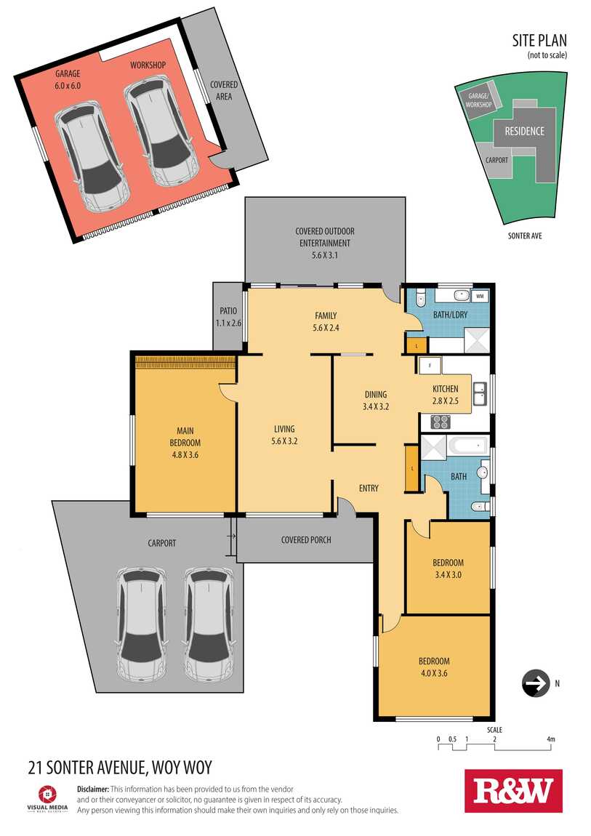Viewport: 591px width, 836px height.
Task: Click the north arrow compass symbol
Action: point(536,683)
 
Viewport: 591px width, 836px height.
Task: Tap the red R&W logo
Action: point(513,790)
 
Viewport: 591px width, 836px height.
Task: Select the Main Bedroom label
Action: point(185,443)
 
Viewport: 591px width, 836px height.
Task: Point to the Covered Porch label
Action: point(306,539)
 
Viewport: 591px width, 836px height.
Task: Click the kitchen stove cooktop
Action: point(441,422)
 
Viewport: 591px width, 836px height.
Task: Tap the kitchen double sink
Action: point(481,395)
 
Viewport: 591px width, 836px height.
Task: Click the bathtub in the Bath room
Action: point(468,446)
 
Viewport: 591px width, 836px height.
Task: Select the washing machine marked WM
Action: point(480,295)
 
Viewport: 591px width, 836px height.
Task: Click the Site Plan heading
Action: point(539,41)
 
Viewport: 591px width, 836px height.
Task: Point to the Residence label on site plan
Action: point(524,131)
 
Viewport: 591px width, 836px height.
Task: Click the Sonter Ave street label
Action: point(524,236)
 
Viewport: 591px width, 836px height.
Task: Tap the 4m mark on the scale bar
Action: point(550,739)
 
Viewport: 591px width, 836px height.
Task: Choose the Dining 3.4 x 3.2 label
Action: point(376,400)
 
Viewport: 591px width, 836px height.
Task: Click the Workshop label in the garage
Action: point(148,65)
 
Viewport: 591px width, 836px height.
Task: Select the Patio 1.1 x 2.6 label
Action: point(228,317)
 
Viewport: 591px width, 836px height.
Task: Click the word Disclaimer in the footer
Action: point(93,789)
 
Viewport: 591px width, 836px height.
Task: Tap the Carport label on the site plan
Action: point(496,160)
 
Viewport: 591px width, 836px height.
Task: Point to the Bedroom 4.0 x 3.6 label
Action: point(434,667)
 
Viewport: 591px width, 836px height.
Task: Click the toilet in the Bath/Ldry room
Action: point(420,298)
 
